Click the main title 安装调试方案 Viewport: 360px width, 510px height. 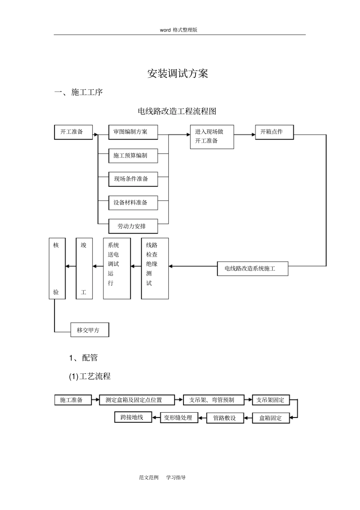tap(178, 73)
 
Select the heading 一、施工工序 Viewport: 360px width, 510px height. tap(79, 92)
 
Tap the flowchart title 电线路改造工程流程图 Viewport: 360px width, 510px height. tap(177, 111)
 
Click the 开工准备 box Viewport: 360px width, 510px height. tap(74, 132)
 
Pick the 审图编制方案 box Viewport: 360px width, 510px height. tap(133, 132)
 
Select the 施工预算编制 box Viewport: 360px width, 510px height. tap(133, 155)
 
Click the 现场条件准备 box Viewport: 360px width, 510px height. tap(133, 179)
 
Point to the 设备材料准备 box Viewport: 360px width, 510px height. tap(133, 202)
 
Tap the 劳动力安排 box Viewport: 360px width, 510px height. tap(133, 226)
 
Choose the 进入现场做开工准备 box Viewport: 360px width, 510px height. tap(212, 137)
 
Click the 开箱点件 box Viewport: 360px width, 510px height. tap(274, 132)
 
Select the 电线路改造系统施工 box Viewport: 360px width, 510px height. tap(252, 268)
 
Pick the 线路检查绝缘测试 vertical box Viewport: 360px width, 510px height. tap(155, 268)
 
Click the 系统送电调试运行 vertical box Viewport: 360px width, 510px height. tap(117, 268)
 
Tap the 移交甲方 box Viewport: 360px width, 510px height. tap(90, 330)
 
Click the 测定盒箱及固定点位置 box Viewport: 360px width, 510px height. tap(137, 400)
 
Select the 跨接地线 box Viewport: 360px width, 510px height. tap(133, 417)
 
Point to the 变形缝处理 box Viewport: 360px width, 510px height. tap(179, 417)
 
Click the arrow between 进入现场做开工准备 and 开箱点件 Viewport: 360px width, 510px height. tap(244, 134)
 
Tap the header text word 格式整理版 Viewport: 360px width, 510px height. tap(178, 30)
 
